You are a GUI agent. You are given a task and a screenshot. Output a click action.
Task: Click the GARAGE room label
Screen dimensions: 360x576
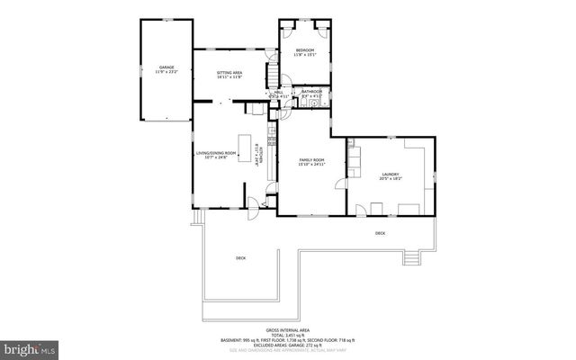pyautogui.click(x=166, y=67)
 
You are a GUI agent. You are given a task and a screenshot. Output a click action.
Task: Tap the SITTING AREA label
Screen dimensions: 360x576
pyautogui.click(x=230, y=72)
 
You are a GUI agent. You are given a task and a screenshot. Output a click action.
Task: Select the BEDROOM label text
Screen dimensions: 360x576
pyautogui.click(x=305, y=49)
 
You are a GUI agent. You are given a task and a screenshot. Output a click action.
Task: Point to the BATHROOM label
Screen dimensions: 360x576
pyautogui.click(x=312, y=91)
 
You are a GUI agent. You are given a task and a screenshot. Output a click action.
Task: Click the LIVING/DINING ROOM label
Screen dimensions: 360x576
pyautogui.click(x=216, y=153)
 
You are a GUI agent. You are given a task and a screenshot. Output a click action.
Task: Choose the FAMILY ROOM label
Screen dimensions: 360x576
pyautogui.click(x=311, y=159)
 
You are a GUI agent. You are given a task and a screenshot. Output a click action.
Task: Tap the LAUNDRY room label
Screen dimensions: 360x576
pyautogui.click(x=391, y=174)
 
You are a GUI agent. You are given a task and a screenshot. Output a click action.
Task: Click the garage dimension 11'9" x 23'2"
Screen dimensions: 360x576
pyautogui.click(x=166, y=72)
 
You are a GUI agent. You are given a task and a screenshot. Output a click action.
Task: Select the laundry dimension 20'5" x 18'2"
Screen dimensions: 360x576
pyautogui.click(x=391, y=178)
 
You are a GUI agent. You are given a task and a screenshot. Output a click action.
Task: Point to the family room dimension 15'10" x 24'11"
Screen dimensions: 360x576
pyautogui.click(x=311, y=165)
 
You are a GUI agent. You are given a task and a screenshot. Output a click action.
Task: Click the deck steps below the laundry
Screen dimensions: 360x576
pyautogui.click(x=412, y=259)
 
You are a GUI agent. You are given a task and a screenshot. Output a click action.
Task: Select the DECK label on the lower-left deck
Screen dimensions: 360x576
pyautogui.click(x=240, y=258)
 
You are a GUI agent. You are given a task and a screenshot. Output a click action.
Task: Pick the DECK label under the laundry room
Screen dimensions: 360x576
pyautogui.click(x=380, y=233)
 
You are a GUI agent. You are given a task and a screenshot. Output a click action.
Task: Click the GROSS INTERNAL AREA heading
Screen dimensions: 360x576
pyautogui.click(x=290, y=330)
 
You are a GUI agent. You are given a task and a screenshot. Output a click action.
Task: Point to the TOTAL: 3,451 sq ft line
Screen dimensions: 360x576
pyautogui.click(x=290, y=336)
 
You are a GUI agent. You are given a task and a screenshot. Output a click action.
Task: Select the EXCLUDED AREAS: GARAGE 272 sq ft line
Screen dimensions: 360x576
pyautogui.click(x=290, y=346)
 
